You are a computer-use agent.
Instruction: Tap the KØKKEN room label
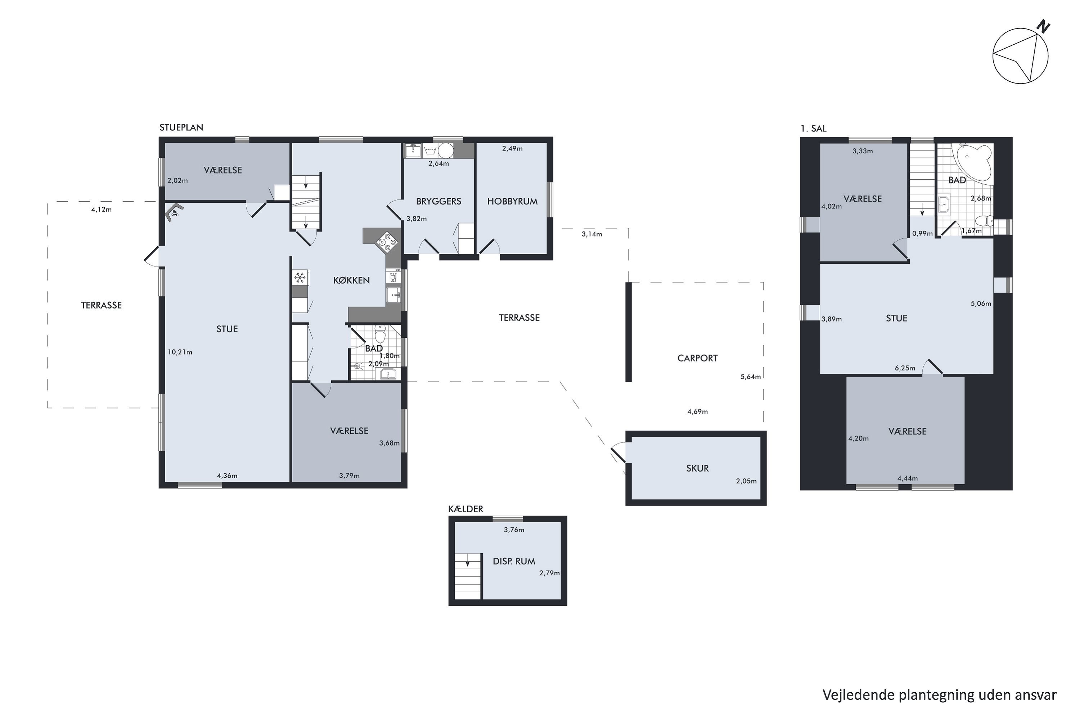(351, 280)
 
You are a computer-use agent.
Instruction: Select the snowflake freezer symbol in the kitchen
(300, 277)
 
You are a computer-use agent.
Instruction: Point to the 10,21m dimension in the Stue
(180, 352)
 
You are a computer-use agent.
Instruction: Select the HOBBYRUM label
(512, 201)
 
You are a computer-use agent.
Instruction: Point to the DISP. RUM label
(514, 561)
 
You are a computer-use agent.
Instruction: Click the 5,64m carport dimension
(750, 377)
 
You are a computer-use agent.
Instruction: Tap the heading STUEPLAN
(181, 127)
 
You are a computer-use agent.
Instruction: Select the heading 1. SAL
(813, 129)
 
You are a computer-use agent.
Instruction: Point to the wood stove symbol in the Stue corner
(174, 213)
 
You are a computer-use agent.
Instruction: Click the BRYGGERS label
(438, 201)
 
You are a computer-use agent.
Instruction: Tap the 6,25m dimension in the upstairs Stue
(905, 368)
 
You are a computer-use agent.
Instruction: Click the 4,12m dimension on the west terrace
(102, 210)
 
